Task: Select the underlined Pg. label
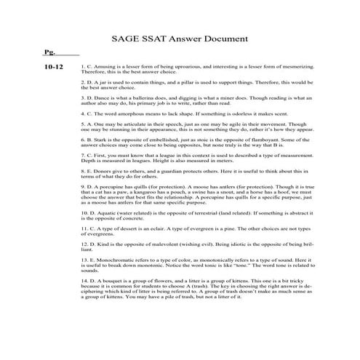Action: coord(49,55)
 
